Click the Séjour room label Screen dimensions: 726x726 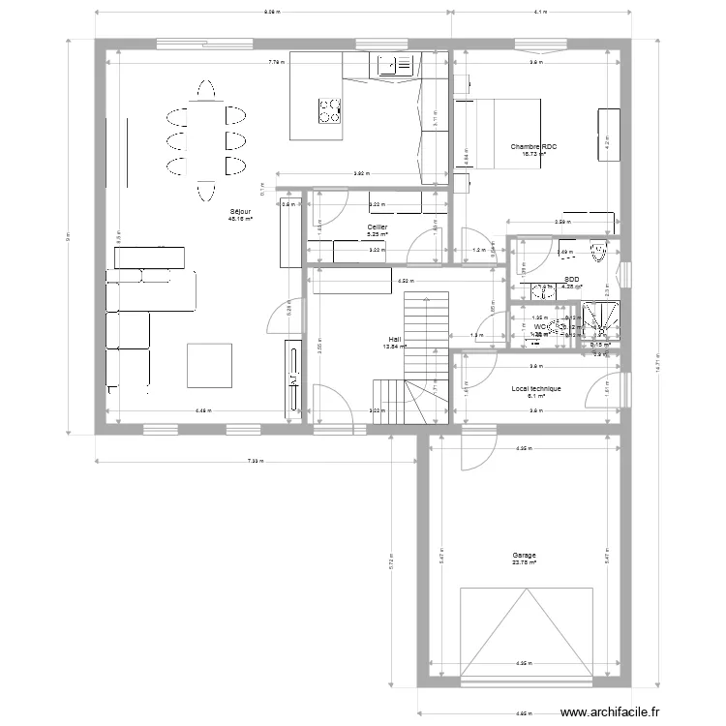240,211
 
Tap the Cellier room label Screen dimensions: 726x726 377,227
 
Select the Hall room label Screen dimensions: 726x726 394,339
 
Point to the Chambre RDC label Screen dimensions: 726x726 535,147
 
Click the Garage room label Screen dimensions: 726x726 524,556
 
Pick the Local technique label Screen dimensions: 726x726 535,388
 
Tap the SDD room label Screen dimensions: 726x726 571,279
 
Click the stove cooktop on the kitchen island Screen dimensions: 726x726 330,111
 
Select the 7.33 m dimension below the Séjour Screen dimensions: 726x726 249,463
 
